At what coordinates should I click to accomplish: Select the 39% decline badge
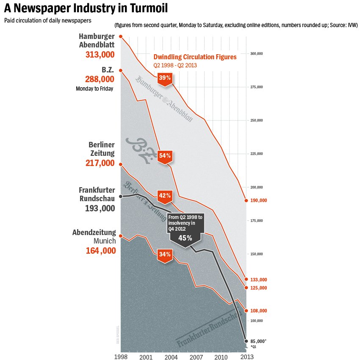click(165, 78)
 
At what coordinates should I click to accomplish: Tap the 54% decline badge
click(165, 156)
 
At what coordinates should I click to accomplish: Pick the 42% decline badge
click(165, 196)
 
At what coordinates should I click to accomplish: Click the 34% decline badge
click(165, 255)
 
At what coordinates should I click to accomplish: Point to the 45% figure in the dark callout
click(185, 238)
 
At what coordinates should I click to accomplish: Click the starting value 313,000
click(100, 55)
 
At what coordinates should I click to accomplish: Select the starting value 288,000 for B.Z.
click(100, 79)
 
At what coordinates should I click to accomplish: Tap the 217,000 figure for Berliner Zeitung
click(100, 163)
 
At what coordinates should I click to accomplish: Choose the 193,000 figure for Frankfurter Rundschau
click(100, 208)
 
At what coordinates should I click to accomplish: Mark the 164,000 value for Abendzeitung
click(100, 251)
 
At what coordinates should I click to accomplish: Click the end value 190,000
click(258, 200)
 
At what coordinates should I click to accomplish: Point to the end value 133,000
click(258, 280)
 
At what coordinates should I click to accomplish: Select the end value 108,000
click(258, 311)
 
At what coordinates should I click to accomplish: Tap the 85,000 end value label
click(258, 341)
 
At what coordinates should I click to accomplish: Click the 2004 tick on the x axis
click(171, 357)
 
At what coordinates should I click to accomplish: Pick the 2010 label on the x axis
click(221, 357)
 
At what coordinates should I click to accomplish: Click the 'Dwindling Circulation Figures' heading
click(195, 57)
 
